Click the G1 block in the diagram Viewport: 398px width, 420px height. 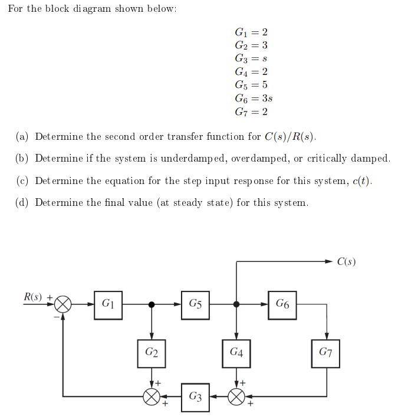coord(108,305)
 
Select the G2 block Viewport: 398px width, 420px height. coord(152,353)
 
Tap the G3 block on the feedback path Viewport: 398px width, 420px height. coord(196,396)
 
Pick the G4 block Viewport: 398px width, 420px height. coord(236,353)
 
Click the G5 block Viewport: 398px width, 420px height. coord(195,305)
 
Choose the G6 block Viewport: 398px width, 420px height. coord(282,305)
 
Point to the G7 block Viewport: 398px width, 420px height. coord(325,353)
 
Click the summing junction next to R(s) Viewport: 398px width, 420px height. coord(63,305)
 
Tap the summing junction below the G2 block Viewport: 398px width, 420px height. coord(152,396)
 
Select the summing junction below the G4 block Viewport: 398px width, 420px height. coord(236,396)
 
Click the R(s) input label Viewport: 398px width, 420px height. coord(33,296)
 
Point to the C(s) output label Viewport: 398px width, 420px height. coord(347,261)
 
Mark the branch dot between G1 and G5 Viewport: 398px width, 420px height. coord(152,305)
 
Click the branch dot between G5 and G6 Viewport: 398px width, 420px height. coord(236,305)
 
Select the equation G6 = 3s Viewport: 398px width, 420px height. coord(253,98)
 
